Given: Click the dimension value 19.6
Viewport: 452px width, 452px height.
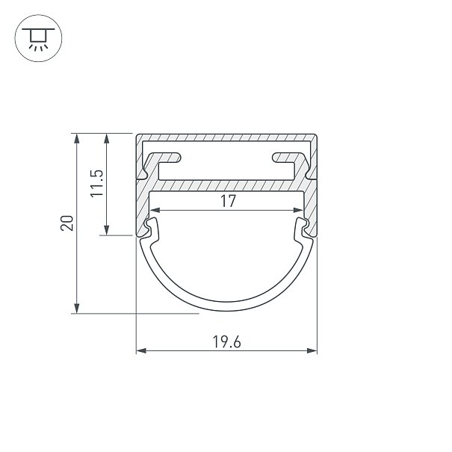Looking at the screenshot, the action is tap(226, 341).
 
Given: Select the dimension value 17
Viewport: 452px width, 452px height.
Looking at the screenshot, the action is tap(228, 201).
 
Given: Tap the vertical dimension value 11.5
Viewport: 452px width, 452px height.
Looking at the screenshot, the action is tap(96, 183).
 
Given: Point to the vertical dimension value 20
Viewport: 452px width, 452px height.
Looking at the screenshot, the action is tap(67, 223).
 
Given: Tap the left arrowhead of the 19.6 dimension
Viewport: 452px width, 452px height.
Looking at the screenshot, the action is tap(141, 351).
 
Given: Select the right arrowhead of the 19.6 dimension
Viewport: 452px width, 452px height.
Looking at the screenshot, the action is tap(312, 351).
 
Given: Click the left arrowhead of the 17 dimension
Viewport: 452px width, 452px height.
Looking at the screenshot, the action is tap(155, 210).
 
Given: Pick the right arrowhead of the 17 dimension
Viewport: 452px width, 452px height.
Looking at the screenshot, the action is tap(298, 210).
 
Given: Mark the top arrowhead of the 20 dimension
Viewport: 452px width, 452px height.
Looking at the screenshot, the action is tap(76, 138).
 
